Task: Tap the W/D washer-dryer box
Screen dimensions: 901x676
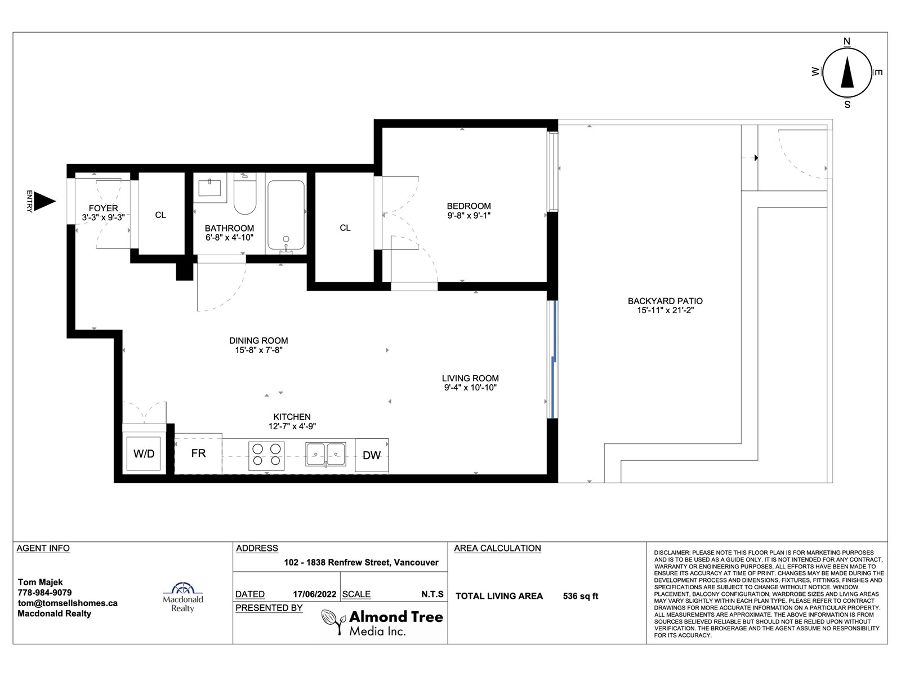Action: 144,453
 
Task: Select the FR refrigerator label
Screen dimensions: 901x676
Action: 198,453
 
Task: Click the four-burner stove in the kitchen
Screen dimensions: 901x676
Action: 266,456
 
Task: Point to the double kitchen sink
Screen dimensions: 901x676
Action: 325,455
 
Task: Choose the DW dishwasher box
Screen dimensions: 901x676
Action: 372,455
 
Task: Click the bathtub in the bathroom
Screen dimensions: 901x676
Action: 286,216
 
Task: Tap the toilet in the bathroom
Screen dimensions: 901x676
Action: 244,193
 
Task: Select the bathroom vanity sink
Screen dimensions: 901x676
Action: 209,188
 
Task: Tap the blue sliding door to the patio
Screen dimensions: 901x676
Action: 554,359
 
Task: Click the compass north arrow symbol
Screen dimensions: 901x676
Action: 847,73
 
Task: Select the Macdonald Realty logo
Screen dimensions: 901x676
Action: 182,597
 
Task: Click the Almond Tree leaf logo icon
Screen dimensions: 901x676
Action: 333,622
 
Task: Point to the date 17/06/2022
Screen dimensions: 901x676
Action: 314,594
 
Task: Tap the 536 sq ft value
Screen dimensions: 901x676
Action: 581,596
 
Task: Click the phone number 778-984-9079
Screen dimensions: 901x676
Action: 44,593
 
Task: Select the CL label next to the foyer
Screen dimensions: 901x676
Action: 160,215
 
